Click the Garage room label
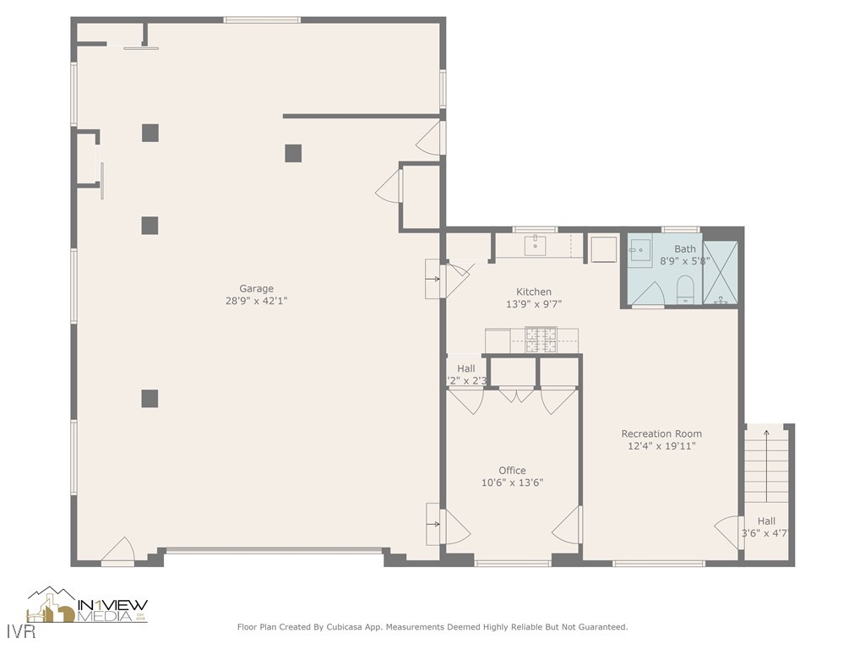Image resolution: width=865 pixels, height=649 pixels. (x=256, y=289)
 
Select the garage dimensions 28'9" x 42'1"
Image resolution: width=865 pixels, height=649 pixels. (x=256, y=301)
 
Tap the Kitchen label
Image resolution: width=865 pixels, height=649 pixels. (x=534, y=292)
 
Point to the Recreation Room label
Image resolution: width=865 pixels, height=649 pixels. (x=661, y=434)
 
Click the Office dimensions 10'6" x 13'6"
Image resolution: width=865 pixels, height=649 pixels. (x=512, y=483)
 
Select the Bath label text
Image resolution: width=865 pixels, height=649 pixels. (x=685, y=249)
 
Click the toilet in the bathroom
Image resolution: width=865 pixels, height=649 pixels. (x=684, y=289)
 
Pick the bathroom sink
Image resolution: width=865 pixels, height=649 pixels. (x=639, y=251)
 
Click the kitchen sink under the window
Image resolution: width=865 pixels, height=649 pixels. (x=535, y=247)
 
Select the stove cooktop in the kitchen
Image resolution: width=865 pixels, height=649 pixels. (x=540, y=340)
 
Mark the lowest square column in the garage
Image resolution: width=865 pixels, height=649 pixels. (x=150, y=398)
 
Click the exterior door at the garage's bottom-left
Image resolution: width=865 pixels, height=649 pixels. (x=118, y=550)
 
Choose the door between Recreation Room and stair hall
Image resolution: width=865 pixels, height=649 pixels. (x=727, y=532)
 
